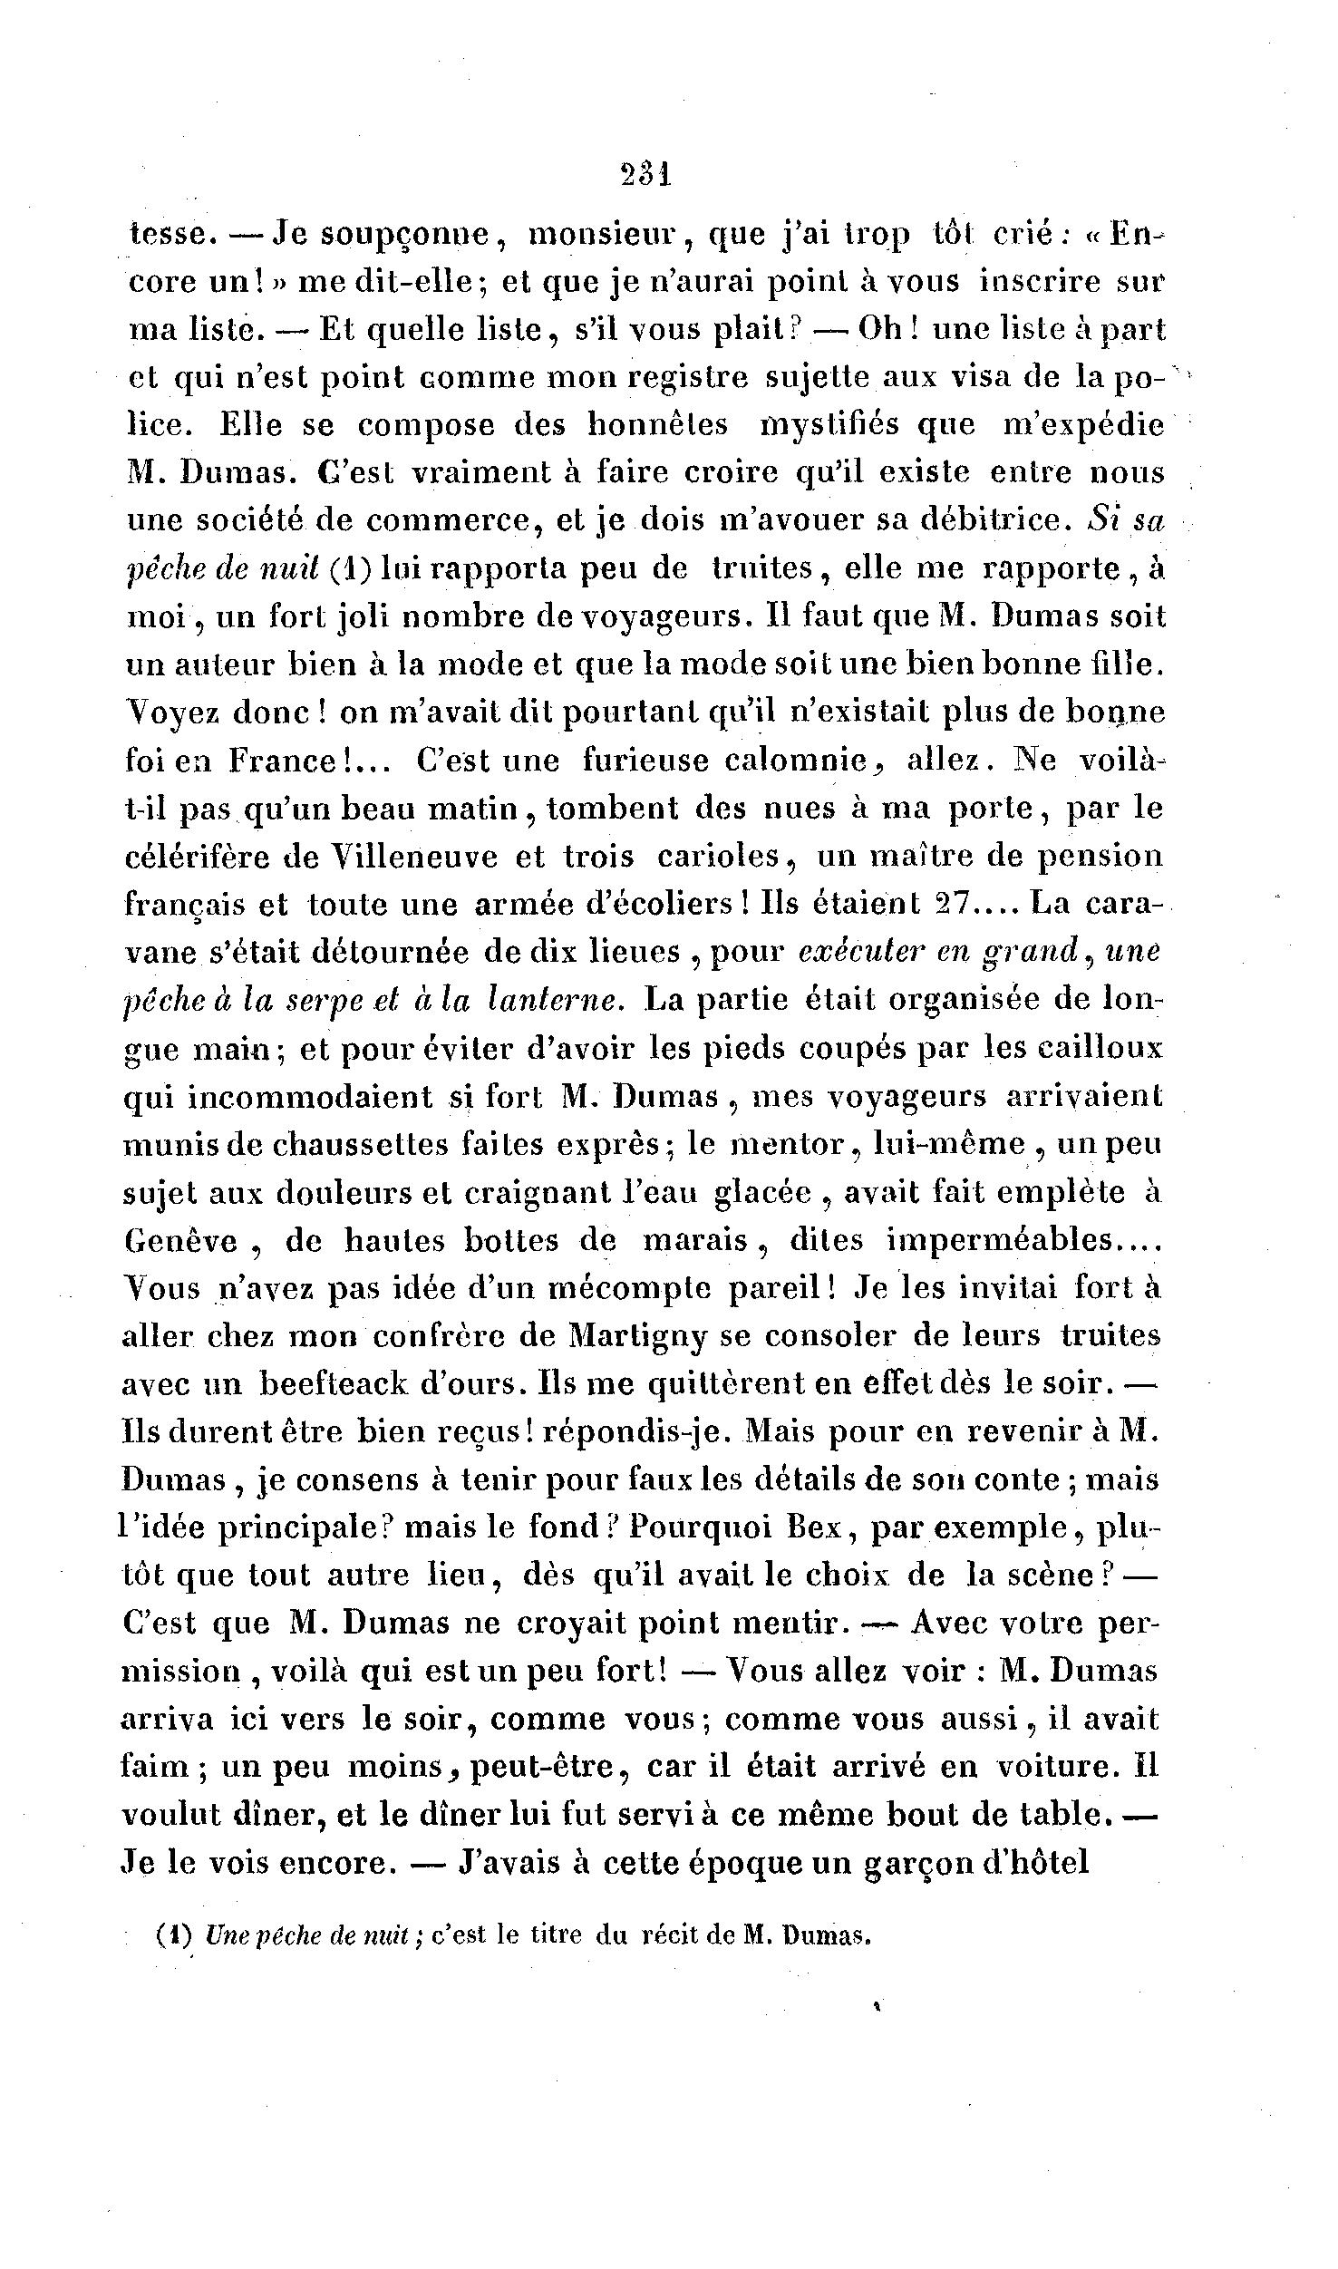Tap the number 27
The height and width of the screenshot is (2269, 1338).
tap(952, 903)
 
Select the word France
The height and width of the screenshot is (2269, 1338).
tap(290, 760)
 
